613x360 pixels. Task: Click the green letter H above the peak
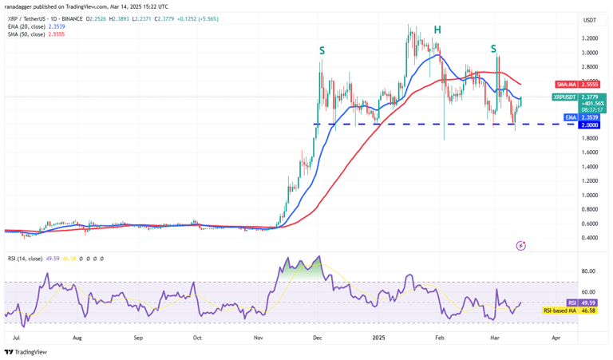437,30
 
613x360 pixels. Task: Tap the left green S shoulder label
322,50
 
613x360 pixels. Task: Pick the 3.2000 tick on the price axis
591,38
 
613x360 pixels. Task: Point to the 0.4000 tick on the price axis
591,238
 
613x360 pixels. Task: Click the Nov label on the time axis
258,338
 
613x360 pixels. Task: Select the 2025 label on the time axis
379,338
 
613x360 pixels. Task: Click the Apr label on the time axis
556,338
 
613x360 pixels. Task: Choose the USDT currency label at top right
590,20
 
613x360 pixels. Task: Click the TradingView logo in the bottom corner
26,352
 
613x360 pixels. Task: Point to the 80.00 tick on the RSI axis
590,271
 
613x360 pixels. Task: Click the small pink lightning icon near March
521,246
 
